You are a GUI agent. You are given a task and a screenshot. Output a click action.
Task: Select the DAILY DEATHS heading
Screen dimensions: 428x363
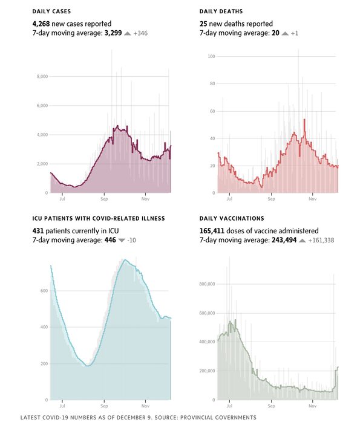click(221, 11)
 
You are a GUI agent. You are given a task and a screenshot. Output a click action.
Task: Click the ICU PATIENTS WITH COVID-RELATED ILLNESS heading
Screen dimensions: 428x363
click(99, 218)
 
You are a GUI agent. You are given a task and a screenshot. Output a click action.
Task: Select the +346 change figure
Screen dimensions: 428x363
click(140, 33)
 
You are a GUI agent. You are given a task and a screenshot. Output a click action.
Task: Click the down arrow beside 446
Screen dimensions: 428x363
click(122, 240)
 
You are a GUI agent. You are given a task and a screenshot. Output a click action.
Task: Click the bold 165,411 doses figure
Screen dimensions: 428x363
click(215, 230)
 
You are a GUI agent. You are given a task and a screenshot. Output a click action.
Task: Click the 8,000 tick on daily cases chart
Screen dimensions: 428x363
click(42, 77)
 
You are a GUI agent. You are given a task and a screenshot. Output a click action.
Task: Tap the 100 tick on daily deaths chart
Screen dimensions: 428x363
click(212, 56)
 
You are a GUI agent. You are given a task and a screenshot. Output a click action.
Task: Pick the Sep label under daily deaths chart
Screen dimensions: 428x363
click(271, 198)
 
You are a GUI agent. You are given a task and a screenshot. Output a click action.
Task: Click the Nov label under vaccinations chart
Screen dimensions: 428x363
click(313, 405)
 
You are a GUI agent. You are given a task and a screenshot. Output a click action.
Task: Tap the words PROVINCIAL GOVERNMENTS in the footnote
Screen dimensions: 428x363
click(219, 418)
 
